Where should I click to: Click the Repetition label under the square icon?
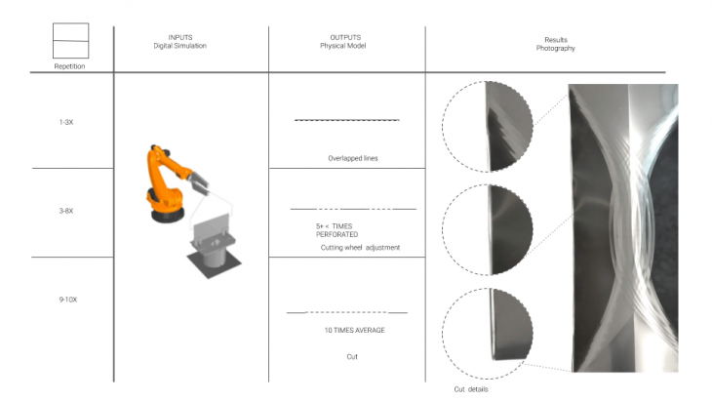coord(69,66)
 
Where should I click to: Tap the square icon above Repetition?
coord(71,40)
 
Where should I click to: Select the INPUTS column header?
coord(179,41)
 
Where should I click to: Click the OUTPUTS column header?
coord(343,41)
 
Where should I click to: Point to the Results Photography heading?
coord(555,44)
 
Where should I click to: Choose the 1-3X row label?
coord(66,122)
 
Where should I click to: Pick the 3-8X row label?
coord(66,211)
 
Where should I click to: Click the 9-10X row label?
coord(68,300)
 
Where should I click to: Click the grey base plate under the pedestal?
coord(215,263)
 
